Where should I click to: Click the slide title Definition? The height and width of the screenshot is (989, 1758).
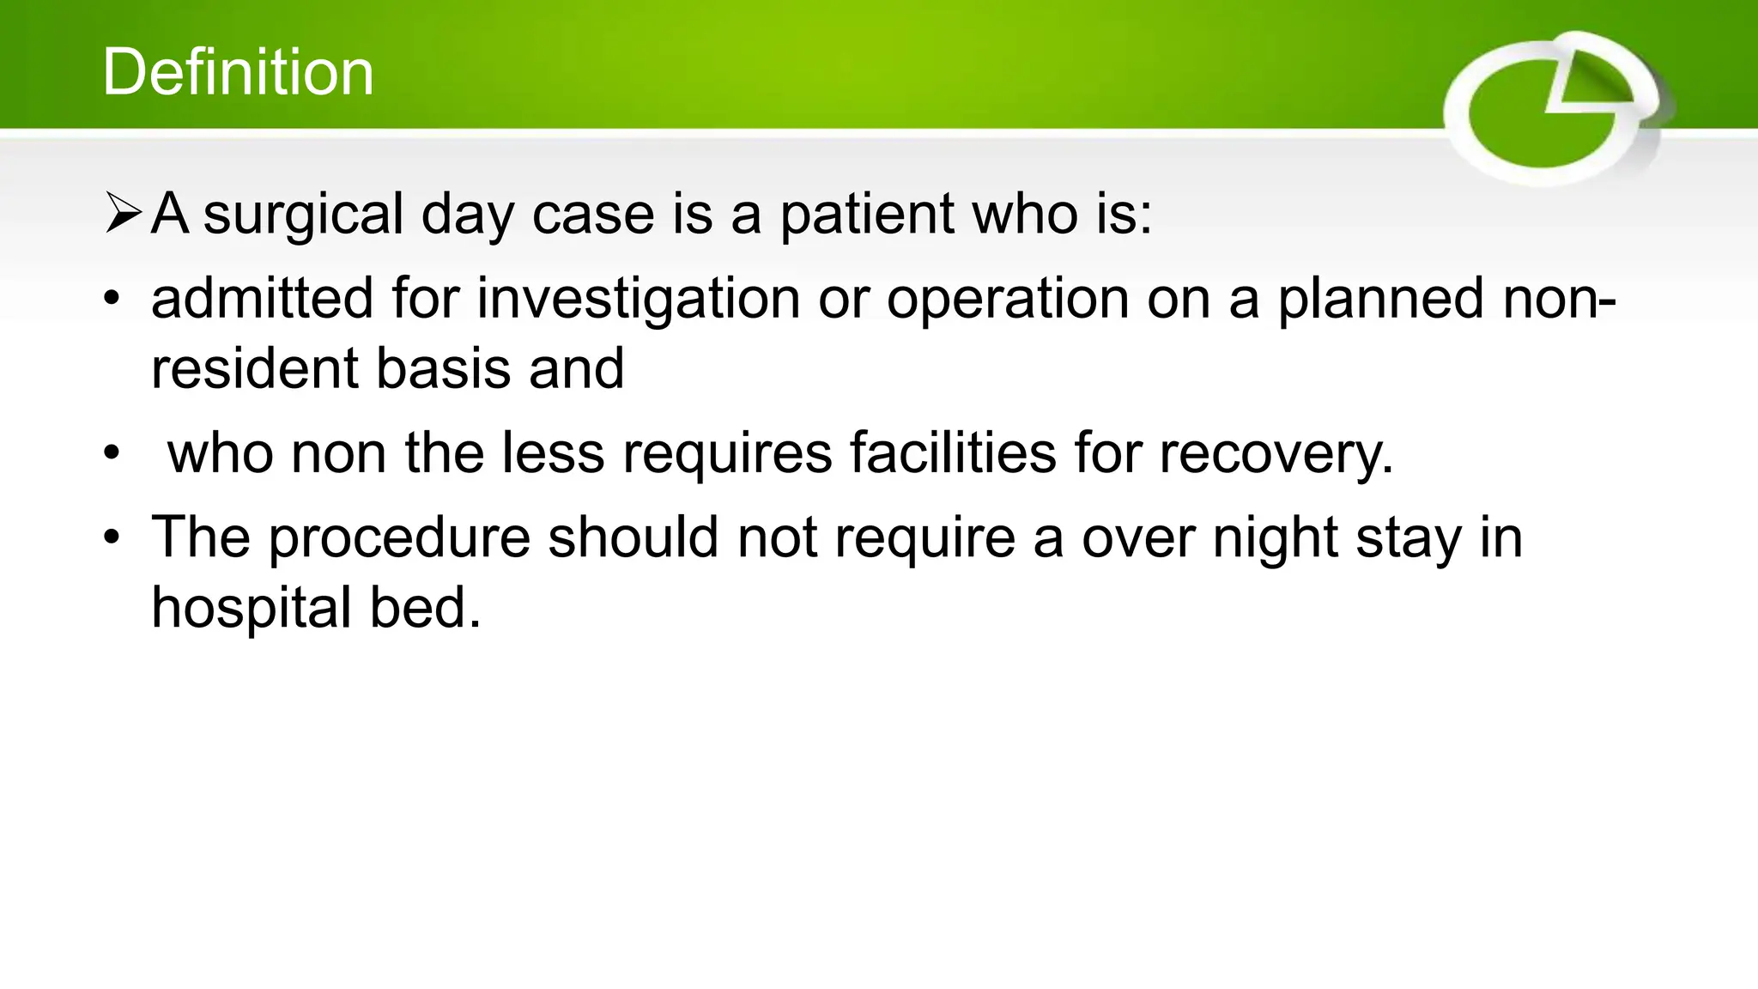point(238,72)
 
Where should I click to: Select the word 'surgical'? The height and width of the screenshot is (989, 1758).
point(303,214)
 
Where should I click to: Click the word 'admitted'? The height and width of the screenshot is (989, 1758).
point(263,298)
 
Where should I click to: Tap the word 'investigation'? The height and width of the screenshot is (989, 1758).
point(639,298)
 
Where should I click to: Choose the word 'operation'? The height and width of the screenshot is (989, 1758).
point(1008,298)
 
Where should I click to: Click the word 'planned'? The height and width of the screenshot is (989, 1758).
point(1381,298)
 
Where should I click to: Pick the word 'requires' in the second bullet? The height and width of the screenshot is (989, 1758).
point(727,452)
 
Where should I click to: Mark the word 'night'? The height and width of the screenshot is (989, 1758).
point(1275,538)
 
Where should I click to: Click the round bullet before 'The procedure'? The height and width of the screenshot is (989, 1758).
point(112,538)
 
